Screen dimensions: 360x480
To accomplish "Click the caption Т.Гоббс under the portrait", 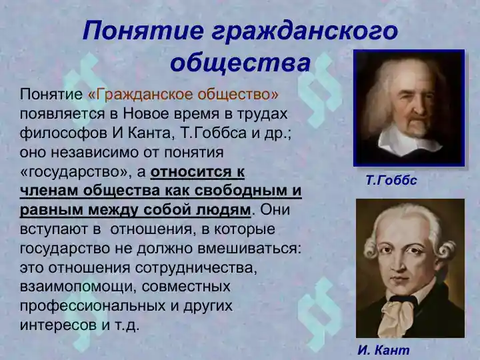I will (391, 180).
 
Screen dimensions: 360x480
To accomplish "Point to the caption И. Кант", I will (383, 350).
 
